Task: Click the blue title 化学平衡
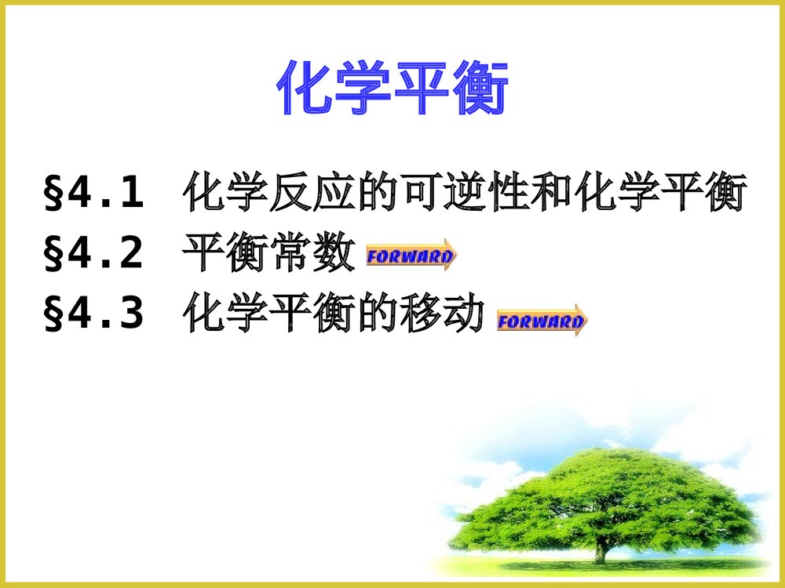tap(392, 89)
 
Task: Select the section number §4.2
tap(94, 254)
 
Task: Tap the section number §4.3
tap(94, 314)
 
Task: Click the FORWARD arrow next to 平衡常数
tap(411, 256)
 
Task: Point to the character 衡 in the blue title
tap(480, 89)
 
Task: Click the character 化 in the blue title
tap(306, 89)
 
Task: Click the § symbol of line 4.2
tap(53, 256)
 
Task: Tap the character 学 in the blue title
tap(363, 89)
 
